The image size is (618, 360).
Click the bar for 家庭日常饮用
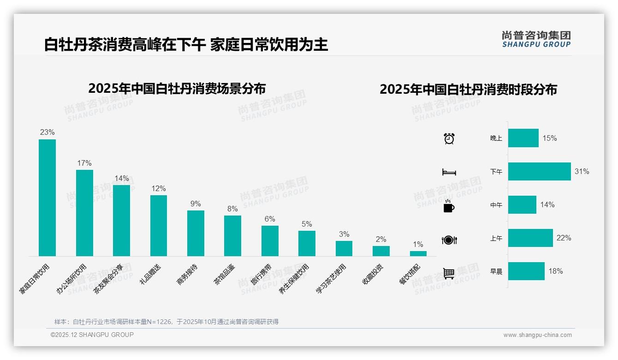coord(47,198)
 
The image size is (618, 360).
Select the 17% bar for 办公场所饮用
coord(84,213)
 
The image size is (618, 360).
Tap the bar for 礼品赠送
coord(159,225)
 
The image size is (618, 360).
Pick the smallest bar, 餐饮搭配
coord(418,253)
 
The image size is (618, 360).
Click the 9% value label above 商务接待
coord(196,204)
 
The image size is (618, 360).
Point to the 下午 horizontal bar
coord(539,171)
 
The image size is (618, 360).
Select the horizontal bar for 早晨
coord(526,271)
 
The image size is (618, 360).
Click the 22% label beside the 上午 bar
coord(564,238)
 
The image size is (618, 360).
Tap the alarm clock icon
coord(449,138)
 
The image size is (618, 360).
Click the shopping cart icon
coord(449,273)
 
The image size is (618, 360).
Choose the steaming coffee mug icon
coord(449,206)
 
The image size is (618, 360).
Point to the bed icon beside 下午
coord(449,172)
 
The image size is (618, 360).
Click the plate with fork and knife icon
coord(449,240)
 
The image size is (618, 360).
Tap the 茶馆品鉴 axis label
coord(224,274)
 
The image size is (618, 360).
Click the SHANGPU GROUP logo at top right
coord(536,39)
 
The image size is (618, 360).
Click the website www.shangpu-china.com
coord(537,335)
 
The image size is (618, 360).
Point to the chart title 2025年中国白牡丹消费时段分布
coord(468,89)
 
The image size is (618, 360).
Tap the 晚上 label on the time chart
coord(496,138)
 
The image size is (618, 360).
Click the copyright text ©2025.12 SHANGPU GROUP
coord(92,335)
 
